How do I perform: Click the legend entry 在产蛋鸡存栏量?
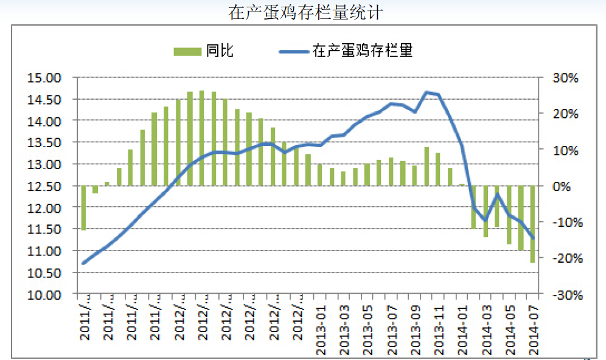point(363,51)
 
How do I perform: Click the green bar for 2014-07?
point(532,224)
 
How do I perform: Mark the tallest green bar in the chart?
point(202,138)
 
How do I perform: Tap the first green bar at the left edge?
point(84,208)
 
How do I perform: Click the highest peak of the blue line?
point(427,92)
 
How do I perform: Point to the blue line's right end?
point(533,238)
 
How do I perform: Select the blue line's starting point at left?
point(83,263)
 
